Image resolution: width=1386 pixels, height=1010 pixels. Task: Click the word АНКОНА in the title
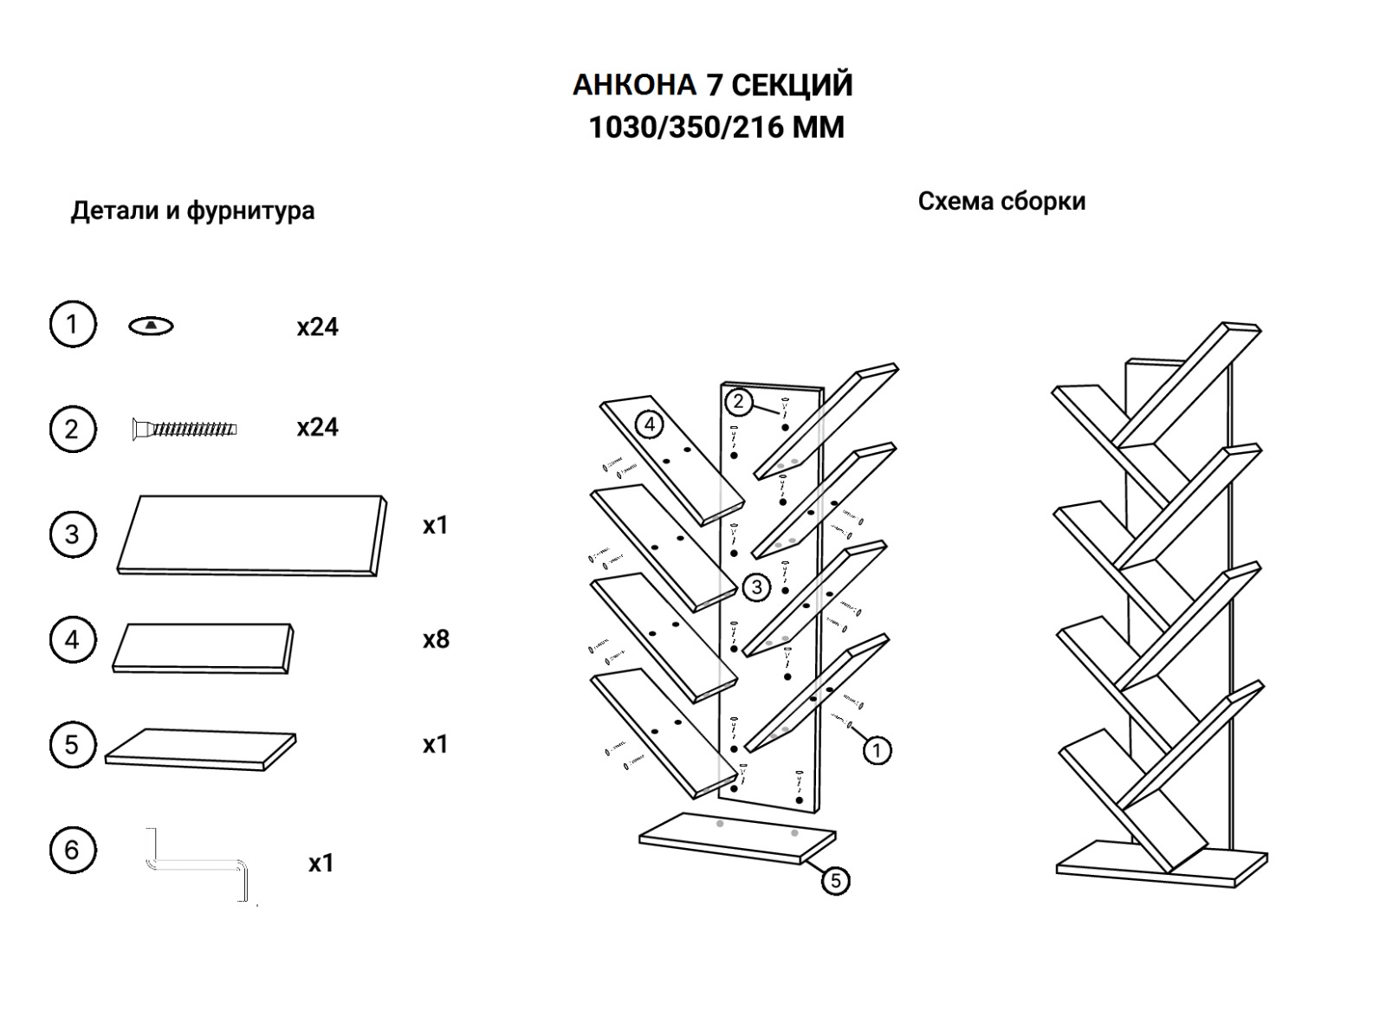coord(634,85)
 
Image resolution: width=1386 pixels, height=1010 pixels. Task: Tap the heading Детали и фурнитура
coord(192,210)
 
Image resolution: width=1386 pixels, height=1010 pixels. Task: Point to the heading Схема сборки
coord(1001,201)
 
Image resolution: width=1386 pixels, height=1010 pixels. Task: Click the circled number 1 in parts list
coord(72,325)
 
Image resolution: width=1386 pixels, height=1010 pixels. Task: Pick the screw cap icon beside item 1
coord(151,326)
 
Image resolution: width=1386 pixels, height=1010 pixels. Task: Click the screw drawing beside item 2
coord(184,428)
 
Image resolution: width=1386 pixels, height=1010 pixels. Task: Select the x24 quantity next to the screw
coord(317,427)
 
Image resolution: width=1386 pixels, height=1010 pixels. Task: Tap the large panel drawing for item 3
coord(251,534)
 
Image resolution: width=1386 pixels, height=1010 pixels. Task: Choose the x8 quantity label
coord(436,639)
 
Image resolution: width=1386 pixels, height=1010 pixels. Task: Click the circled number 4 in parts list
coord(72,640)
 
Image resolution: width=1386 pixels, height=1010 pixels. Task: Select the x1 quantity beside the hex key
coord(321,863)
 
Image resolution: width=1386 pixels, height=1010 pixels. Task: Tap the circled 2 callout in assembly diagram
coord(738,401)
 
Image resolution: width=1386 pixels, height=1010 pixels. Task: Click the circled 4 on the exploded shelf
coord(649,424)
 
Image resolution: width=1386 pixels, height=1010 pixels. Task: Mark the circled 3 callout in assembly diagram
coord(756,587)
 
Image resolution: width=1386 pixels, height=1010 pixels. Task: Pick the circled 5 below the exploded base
coord(835,881)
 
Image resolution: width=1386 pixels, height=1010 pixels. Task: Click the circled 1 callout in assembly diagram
coord(877,749)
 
